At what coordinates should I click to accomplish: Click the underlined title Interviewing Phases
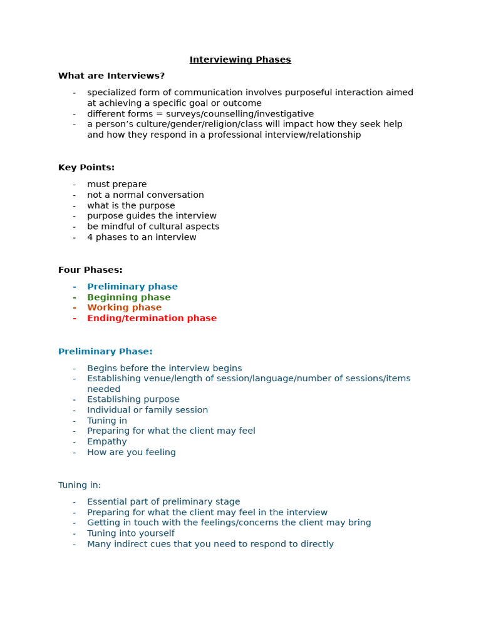point(240,60)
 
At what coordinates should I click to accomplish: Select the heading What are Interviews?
point(111,76)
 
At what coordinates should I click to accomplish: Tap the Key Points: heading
point(86,168)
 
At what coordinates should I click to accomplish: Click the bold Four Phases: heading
point(90,270)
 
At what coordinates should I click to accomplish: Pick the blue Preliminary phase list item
point(132,287)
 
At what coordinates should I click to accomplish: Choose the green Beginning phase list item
point(128,297)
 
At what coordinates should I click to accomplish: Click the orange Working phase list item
point(124,307)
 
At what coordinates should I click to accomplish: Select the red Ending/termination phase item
point(152,318)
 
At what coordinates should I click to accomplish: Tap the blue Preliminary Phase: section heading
point(105,352)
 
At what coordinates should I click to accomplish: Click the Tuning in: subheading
point(80,485)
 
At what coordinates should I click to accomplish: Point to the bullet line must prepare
point(116,184)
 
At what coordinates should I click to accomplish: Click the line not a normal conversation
point(145,195)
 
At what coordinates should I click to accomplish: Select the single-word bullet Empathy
point(106,441)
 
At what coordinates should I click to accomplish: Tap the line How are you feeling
point(131,452)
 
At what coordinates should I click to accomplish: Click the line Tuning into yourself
point(130,533)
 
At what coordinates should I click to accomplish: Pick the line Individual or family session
point(147,410)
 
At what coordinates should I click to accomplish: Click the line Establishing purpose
point(133,399)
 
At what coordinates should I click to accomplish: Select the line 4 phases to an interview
point(142,237)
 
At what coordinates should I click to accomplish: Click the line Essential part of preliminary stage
point(163,501)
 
